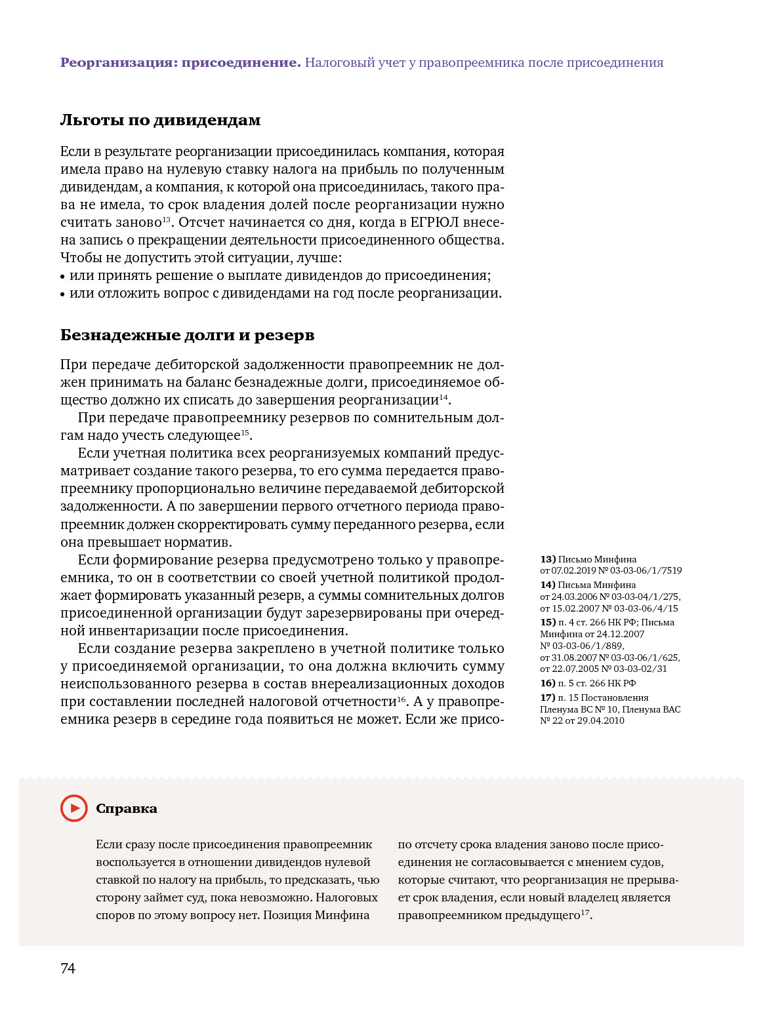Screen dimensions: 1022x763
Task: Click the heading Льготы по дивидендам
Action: (x=160, y=120)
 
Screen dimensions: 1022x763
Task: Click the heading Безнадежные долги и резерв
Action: (x=187, y=335)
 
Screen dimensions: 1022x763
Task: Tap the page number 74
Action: (x=68, y=968)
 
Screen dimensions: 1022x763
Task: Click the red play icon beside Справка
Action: (x=73, y=808)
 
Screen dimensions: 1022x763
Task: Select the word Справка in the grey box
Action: (x=127, y=808)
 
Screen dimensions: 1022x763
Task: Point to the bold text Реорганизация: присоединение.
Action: (x=180, y=63)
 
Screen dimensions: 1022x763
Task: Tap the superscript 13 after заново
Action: (x=166, y=220)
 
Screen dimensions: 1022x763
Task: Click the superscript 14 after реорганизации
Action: (x=443, y=397)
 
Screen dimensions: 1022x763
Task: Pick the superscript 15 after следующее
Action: (x=245, y=433)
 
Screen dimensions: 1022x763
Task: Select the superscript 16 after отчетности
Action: (x=402, y=699)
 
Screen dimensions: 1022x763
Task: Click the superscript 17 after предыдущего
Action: (x=585, y=913)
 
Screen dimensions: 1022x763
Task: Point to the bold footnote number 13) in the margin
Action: (x=548, y=559)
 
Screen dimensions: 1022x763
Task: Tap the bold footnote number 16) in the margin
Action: (x=548, y=683)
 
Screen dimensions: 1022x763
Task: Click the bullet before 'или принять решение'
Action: (x=63, y=277)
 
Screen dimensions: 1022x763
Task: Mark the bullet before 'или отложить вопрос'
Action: (x=63, y=294)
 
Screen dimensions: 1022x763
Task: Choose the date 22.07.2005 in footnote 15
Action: (x=574, y=669)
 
